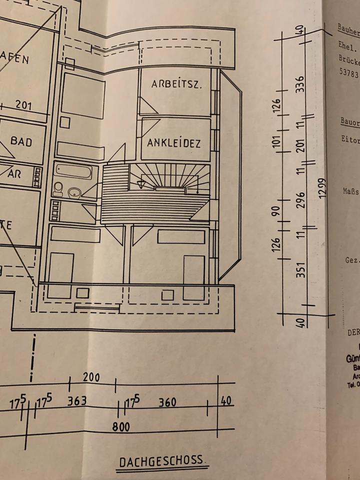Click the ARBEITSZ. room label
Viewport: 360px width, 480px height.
point(176,84)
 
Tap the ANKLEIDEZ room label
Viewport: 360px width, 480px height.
point(174,143)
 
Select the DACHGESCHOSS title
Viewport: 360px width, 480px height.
point(161,461)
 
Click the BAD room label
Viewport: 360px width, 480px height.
point(21,142)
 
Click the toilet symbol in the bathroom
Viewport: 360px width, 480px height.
point(58,189)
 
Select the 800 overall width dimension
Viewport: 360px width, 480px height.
point(120,427)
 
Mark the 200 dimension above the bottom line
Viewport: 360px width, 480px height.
point(91,377)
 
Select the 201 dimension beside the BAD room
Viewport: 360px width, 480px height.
point(23,105)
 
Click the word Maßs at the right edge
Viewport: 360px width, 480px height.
point(350,190)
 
